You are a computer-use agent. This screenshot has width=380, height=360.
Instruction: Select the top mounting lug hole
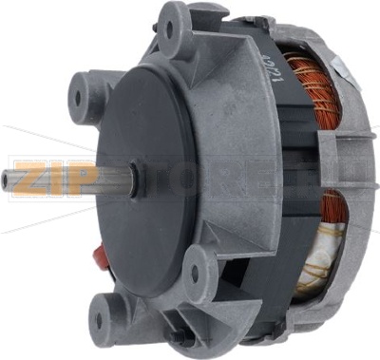(x=170, y=28)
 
